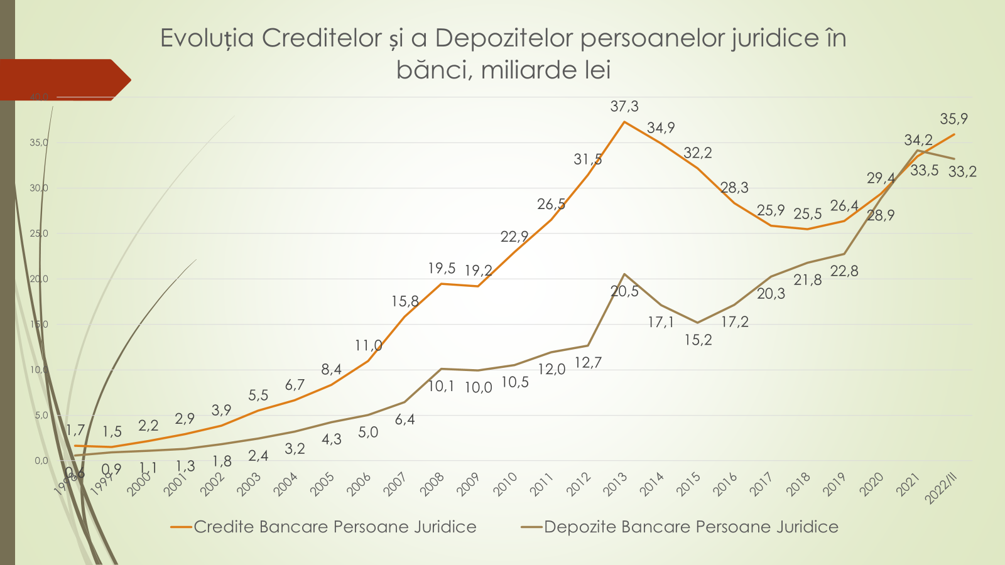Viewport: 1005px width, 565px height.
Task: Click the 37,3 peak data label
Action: [x=624, y=107]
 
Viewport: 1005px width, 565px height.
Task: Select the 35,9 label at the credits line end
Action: [x=953, y=119]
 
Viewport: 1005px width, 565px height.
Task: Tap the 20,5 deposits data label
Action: [x=624, y=291]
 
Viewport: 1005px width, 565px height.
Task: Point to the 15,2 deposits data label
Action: [x=698, y=340]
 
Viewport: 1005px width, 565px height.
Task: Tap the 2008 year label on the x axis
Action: [x=433, y=485]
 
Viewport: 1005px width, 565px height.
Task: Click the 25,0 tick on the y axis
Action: [x=39, y=234]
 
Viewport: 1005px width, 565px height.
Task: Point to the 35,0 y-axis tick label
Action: [x=39, y=143]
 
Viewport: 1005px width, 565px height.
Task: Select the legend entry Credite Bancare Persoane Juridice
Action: [x=334, y=527]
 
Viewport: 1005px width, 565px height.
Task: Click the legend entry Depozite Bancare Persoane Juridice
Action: [x=691, y=527]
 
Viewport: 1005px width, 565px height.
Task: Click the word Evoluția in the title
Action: [x=207, y=38]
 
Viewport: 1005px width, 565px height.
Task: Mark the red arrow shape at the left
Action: [x=63, y=80]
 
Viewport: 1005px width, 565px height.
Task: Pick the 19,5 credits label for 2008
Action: [x=442, y=269]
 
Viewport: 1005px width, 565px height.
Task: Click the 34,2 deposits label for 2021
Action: [x=918, y=140]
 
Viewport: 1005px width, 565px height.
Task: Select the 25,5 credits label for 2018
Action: [x=807, y=214]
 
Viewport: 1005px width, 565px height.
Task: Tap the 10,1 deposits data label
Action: [x=441, y=386]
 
